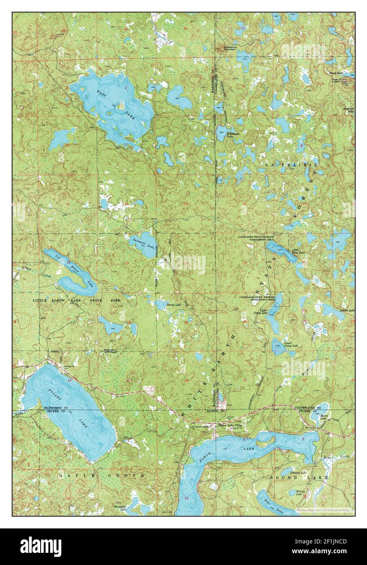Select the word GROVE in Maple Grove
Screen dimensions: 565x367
pos(131,475)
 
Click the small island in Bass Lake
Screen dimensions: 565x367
pos(120,106)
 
